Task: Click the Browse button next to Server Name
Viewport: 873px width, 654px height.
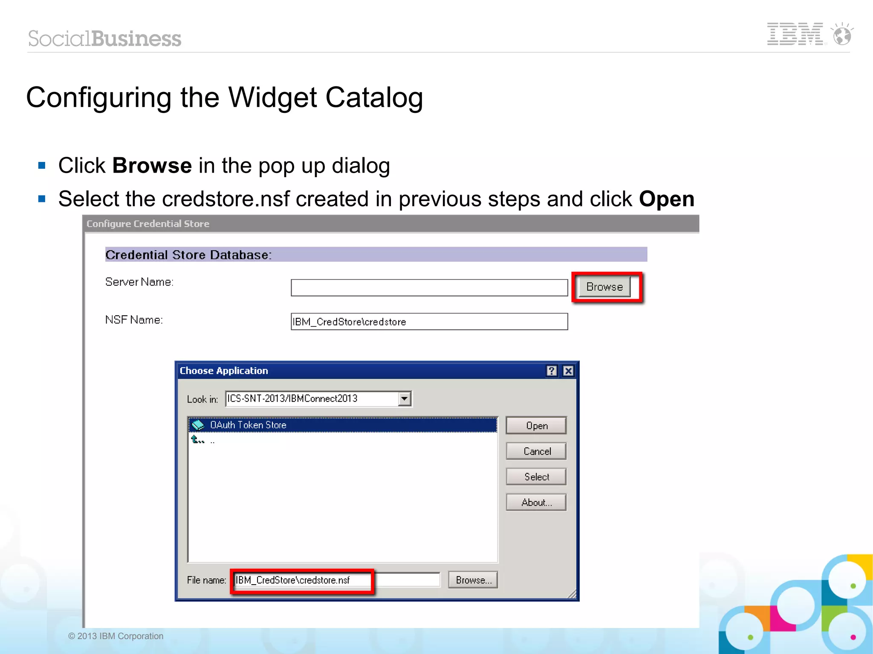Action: [x=604, y=287]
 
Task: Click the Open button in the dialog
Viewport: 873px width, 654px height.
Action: [x=536, y=426]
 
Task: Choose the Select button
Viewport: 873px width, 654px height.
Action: [x=536, y=477]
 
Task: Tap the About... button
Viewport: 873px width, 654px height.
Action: [x=536, y=502]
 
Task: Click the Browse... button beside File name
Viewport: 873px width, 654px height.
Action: [x=473, y=580]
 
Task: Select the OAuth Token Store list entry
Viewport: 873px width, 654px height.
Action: [x=248, y=425]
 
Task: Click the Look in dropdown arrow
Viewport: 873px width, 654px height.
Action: [x=404, y=399]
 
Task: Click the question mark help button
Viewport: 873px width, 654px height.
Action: [x=552, y=371]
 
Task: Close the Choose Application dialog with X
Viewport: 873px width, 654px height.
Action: [x=568, y=371]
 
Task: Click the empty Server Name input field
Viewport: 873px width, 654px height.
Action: [x=429, y=288]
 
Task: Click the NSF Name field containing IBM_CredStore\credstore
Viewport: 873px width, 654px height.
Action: [x=429, y=322]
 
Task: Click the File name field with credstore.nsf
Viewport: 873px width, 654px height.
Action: [x=337, y=580]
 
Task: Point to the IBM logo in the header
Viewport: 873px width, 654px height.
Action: [x=795, y=34]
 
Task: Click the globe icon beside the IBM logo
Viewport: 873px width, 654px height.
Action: [x=842, y=35]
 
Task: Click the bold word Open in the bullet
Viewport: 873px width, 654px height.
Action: [x=666, y=199]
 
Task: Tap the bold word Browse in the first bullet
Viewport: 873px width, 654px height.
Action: [x=152, y=165]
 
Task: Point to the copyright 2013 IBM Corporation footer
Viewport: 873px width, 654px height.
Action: [x=116, y=636]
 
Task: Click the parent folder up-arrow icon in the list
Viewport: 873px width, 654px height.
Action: [x=197, y=439]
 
